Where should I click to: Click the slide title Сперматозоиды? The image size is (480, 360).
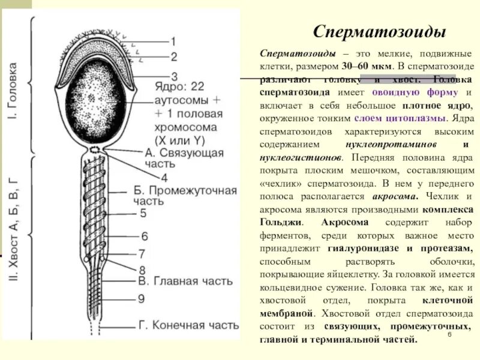pyautogui.click(x=379, y=32)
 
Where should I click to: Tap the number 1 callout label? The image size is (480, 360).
pyautogui.click(x=173, y=42)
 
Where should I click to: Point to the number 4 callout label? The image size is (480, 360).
pyautogui.click(x=164, y=177)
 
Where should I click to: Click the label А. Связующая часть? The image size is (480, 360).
pyautogui.click(x=184, y=158)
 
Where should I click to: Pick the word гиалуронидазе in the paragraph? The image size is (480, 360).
pyautogui.click(x=364, y=248)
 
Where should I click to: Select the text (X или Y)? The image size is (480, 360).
pyautogui.click(x=180, y=140)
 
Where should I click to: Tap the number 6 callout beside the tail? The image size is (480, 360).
pyautogui.click(x=144, y=236)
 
